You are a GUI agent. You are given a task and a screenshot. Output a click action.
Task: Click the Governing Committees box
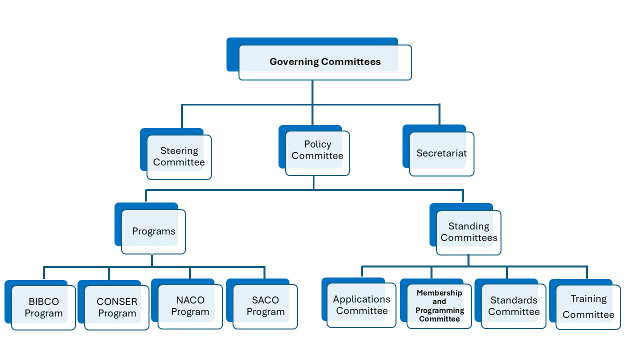tap(319, 59)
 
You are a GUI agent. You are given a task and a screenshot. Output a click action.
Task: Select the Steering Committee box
tap(175, 153)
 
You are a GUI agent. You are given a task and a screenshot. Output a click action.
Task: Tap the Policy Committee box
tap(314, 150)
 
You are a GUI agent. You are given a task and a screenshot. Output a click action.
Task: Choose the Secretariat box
tap(438, 150)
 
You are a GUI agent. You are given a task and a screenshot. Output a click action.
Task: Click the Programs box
tap(150, 228)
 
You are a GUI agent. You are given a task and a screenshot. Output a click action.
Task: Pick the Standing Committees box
tap(465, 229)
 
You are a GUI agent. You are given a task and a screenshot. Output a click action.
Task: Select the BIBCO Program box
tap(40, 305)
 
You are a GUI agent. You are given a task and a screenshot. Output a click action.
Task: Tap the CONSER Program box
tap(113, 305)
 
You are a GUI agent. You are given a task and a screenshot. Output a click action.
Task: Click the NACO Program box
tap(187, 304)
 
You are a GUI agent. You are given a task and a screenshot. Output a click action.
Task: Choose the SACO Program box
tap(261, 304)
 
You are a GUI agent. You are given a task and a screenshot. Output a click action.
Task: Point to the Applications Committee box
tap(359, 302)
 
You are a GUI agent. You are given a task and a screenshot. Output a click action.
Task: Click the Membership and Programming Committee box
tap(435, 303)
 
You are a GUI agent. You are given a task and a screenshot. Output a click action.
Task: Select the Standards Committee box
tap(510, 303)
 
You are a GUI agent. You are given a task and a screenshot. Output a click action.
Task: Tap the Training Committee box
tap(585, 304)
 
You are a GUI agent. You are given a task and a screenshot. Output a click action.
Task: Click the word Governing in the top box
tap(294, 62)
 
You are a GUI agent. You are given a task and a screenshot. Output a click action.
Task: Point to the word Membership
tap(439, 293)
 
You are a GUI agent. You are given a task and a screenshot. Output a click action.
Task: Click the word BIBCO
tap(43, 301)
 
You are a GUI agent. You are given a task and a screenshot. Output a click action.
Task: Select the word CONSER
tap(117, 301)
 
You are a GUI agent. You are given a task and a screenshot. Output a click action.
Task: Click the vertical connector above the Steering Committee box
tap(181, 116)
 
